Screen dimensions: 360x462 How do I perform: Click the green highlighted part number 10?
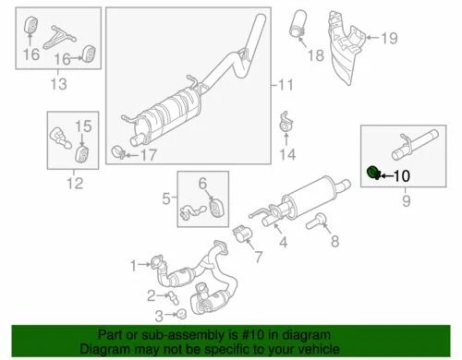(x=372, y=171)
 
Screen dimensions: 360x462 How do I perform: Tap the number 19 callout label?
(x=390, y=38)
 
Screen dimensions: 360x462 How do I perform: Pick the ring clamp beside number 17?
(x=119, y=150)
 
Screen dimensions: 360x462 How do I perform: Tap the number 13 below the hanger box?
(x=57, y=86)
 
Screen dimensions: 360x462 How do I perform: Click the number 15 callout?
(x=82, y=126)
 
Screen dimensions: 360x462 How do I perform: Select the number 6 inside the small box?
(x=202, y=183)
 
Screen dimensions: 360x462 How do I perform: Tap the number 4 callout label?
(x=283, y=243)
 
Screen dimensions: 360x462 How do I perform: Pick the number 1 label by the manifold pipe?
(x=132, y=265)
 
